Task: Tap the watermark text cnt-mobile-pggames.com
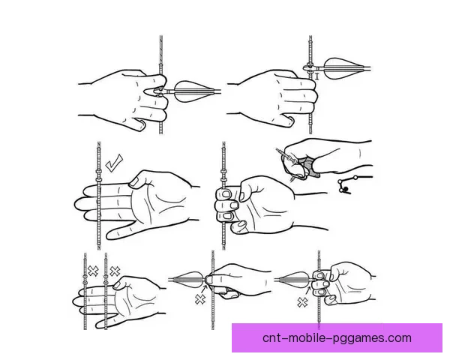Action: pyautogui.click(x=337, y=338)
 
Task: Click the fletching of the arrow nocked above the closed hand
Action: pyautogui.click(x=345, y=68)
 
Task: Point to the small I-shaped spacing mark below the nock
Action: pyautogui.click(x=317, y=76)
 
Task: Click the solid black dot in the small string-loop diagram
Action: pyautogui.click(x=346, y=189)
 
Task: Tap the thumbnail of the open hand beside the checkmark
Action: pyautogui.click(x=134, y=182)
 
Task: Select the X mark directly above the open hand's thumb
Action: pyautogui.click(x=115, y=271)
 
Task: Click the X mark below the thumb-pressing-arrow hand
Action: pyautogui.click(x=200, y=299)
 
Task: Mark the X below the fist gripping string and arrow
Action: pyautogui.click(x=302, y=302)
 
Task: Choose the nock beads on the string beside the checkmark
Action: pyautogui.click(x=99, y=175)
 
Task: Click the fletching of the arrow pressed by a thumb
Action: pyautogui.click(x=187, y=279)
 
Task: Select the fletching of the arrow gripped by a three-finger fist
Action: pyautogui.click(x=294, y=280)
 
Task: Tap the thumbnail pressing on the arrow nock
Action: pyautogui.click(x=210, y=280)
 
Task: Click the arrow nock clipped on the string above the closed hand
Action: pyautogui.click(x=310, y=68)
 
